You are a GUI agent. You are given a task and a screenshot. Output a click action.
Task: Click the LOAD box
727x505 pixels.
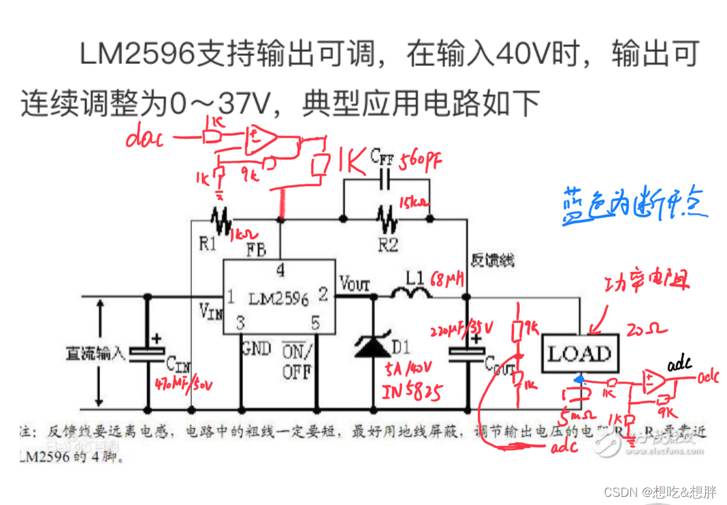pyautogui.click(x=580, y=353)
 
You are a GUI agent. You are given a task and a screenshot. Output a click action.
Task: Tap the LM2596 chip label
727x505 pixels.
pyautogui.click(x=278, y=299)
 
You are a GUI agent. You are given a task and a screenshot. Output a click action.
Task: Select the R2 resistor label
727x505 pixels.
pyautogui.click(x=388, y=245)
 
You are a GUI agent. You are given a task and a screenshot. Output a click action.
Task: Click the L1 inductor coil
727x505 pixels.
pyautogui.click(x=410, y=292)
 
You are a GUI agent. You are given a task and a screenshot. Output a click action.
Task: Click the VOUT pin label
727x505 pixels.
pyautogui.click(x=354, y=281)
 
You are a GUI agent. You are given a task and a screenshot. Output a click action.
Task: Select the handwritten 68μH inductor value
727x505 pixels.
pyautogui.click(x=450, y=279)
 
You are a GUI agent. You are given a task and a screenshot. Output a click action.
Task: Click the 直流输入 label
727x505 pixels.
pyautogui.click(x=95, y=353)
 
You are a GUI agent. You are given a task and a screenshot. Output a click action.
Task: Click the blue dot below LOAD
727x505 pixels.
pyautogui.click(x=579, y=379)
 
